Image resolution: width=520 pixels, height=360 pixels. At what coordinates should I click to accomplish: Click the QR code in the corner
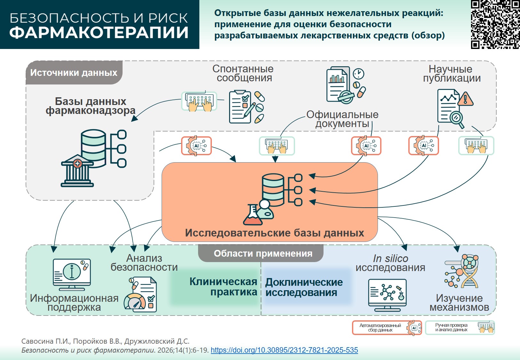coord(495,24)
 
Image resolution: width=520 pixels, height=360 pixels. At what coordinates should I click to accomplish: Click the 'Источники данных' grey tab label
coord(74,73)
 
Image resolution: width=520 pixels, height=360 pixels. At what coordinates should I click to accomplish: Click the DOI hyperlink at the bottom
coord(284,350)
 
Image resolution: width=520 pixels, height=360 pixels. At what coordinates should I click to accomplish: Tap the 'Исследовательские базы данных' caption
coord(275,233)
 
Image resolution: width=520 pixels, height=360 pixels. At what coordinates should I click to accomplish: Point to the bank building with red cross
coord(77,171)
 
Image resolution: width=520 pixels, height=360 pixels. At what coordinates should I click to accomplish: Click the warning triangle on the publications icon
coord(466,99)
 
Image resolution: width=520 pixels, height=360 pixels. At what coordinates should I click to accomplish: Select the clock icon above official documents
coord(359,74)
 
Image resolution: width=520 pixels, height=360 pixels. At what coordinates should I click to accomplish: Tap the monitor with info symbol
coord(72,274)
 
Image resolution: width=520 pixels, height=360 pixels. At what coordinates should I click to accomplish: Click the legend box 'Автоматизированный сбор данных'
coord(387,328)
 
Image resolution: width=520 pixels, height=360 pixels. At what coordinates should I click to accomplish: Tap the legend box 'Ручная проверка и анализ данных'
coord(460,328)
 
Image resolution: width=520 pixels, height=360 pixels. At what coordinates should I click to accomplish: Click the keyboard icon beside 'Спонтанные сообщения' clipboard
coord(199,102)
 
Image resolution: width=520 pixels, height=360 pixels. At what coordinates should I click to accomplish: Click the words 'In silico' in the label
coord(390,259)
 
